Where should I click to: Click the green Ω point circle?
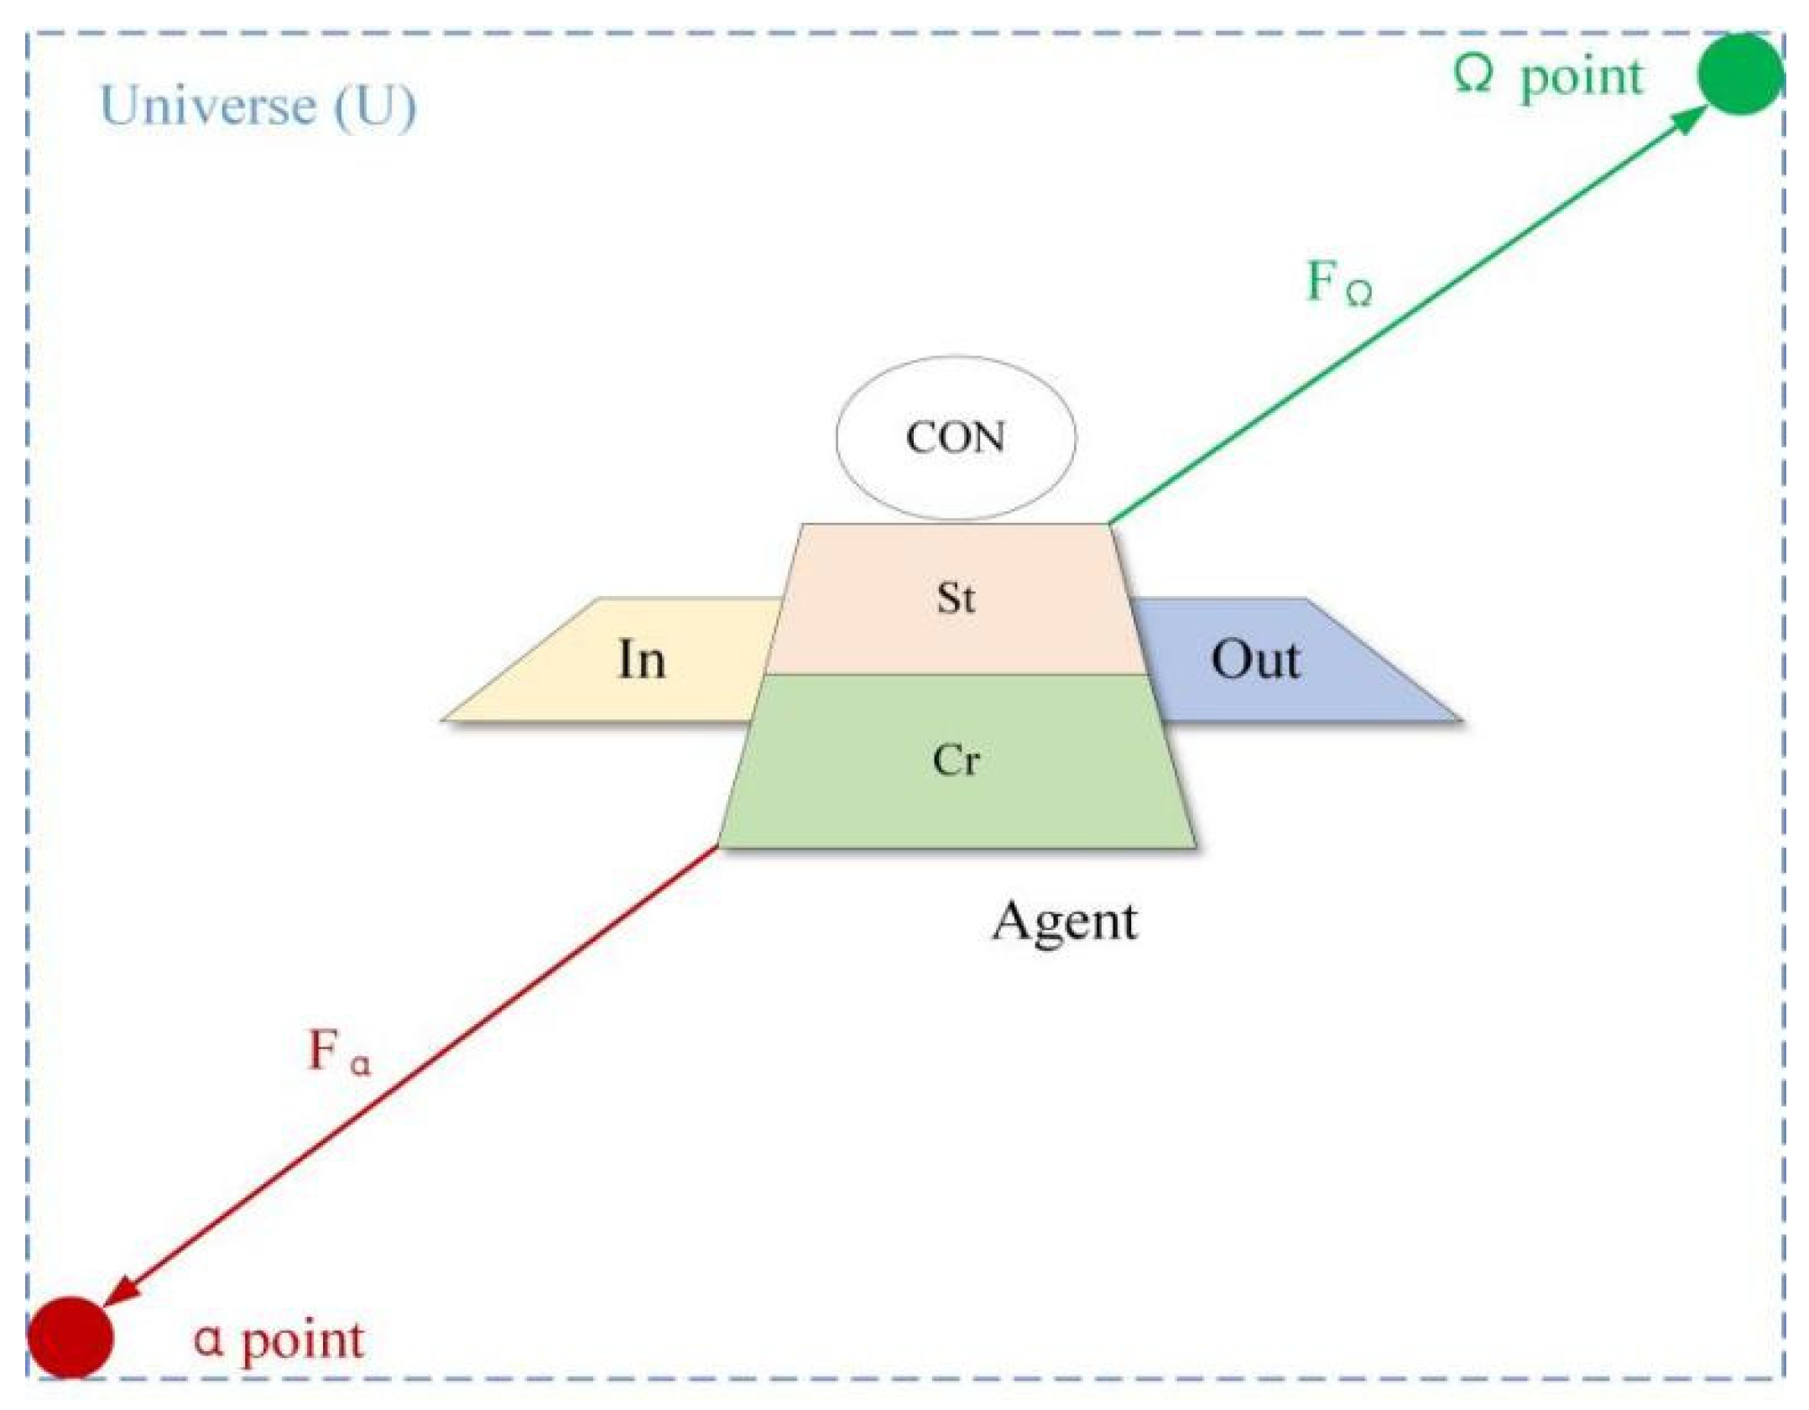[1739, 74]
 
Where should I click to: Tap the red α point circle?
[70, 1337]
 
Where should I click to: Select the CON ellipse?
[956, 394]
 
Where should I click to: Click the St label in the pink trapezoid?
[956, 598]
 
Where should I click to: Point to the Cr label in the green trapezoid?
[956, 760]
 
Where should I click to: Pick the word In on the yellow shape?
[642, 660]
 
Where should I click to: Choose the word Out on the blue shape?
[1255, 660]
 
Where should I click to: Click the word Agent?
[1065, 922]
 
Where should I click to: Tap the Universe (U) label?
[258, 106]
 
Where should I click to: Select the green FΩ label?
[1339, 283]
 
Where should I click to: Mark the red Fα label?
[338, 1052]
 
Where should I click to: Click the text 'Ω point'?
[1548, 77]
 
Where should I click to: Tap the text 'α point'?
[279, 1339]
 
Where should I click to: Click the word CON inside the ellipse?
[956, 438]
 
